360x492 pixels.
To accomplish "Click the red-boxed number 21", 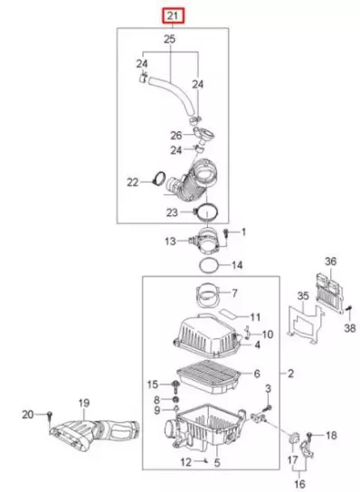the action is click(174, 16).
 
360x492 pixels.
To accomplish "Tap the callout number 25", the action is click(169, 40).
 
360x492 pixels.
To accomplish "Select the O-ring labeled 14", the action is click(209, 266).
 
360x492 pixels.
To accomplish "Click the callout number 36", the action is click(330, 261).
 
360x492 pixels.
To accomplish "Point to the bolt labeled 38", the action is click(347, 311).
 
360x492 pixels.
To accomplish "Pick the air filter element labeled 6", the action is click(208, 376).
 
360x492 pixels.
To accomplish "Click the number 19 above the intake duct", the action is click(84, 402).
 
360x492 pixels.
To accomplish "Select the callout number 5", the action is click(217, 462).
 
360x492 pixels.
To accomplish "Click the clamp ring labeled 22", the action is click(158, 178).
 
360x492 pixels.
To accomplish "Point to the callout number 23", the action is click(172, 213).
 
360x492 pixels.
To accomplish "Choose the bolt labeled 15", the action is click(175, 387).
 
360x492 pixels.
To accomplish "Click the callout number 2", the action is click(290, 374).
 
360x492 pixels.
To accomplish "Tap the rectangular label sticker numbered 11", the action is click(228, 314).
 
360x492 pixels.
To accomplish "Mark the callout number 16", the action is click(299, 484).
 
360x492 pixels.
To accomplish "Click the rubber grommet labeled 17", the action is click(294, 439).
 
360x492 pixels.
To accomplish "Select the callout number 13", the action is click(170, 241).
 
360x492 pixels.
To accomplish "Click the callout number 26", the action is click(176, 136).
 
